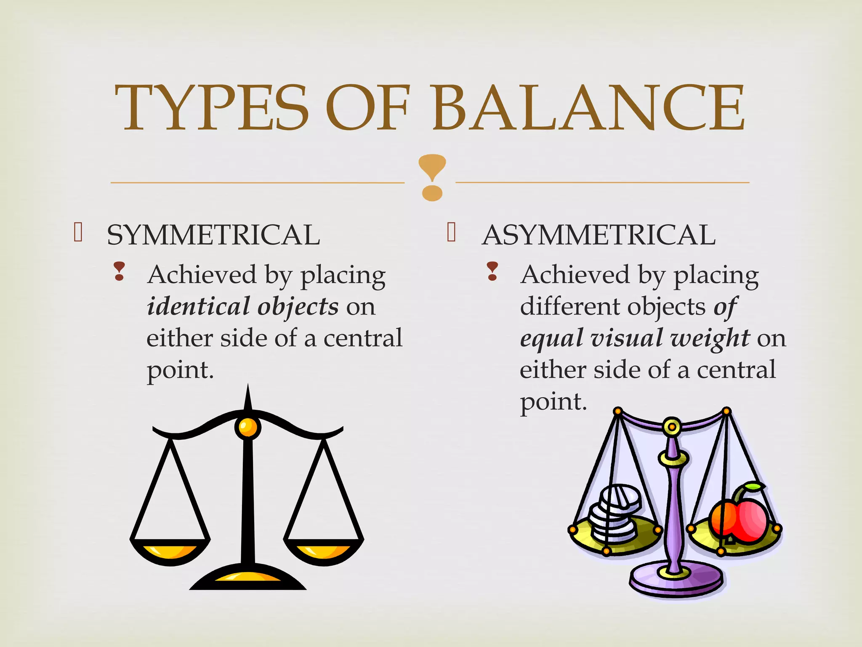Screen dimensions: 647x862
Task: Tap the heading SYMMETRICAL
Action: click(x=213, y=235)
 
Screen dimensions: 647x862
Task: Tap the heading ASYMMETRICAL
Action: click(x=599, y=235)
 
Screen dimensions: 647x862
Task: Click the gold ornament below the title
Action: click(x=432, y=177)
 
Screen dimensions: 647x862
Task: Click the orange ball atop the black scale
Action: click(x=247, y=427)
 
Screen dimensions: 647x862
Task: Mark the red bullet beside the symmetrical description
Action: click(x=119, y=271)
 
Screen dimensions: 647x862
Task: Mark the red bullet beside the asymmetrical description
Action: click(x=492, y=271)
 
